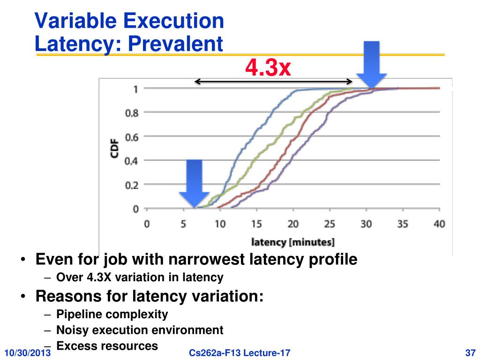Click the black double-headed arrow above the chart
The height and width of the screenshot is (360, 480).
pyautogui.click(x=273, y=82)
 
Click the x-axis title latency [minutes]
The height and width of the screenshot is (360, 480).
pyautogui.click(x=293, y=242)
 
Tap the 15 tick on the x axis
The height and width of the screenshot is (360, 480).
pyautogui.click(x=256, y=224)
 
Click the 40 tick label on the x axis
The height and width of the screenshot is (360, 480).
pyautogui.click(x=439, y=224)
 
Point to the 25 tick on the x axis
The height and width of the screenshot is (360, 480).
pyautogui.click(x=330, y=224)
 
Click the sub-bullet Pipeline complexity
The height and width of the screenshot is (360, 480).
pyautogui.click(x=112, y=314)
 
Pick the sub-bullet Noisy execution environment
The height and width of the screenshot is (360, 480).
pyautogui.click(x=140, y=330)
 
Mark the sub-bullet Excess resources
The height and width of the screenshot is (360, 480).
pyautogui.click(x=107, y=346)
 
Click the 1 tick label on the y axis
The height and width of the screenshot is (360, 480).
pyautogui.click(x=135, y=89)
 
